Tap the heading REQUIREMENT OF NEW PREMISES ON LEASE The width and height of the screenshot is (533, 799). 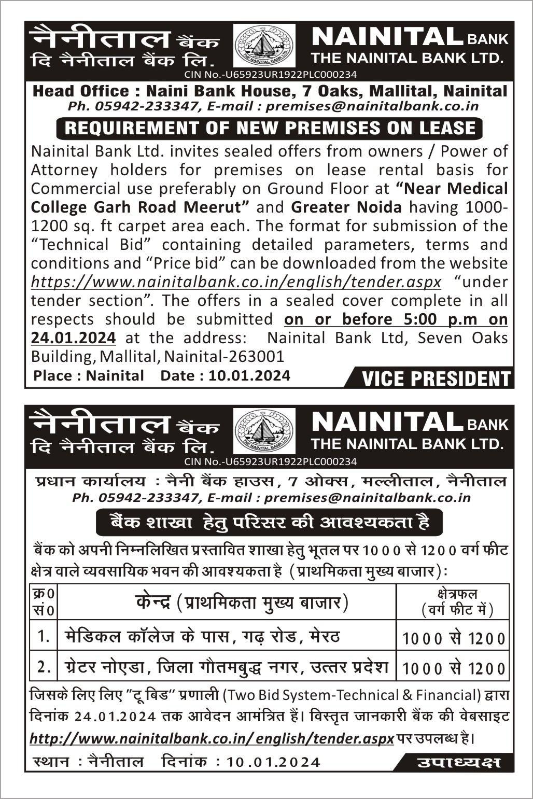click(270, 128)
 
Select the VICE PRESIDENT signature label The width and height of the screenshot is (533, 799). click(436, 379)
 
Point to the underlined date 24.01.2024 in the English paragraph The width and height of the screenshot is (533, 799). click(73, 338)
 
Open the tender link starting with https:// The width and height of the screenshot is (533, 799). click(236, 282)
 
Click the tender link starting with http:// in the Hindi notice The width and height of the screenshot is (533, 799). click(212, 738)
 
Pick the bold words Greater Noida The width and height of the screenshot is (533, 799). click(346, 207)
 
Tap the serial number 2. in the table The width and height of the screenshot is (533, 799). click(44, 667)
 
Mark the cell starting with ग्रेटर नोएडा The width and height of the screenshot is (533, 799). click(226, 667)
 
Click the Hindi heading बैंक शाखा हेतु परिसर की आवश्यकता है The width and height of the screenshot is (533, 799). click(270, 523)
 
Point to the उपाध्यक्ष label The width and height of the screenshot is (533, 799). click(458, 762)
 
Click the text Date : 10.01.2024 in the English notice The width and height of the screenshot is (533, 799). click(225, 375)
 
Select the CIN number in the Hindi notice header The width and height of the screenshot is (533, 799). click(270, 461)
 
